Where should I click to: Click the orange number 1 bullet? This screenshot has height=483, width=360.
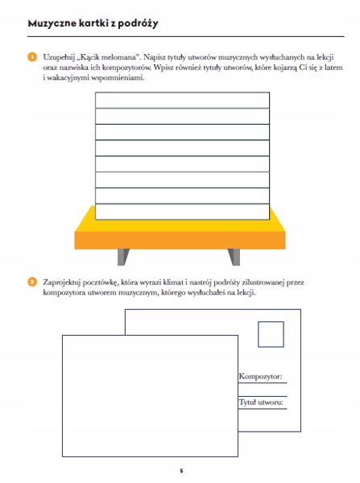32,57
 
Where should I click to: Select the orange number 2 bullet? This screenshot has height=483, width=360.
32,283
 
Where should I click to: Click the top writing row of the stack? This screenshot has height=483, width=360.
183,100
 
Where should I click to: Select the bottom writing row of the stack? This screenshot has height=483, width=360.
183,212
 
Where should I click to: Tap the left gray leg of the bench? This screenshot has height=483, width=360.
123,257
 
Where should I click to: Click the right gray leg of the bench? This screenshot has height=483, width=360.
234,257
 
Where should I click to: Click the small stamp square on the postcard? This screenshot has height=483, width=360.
271,334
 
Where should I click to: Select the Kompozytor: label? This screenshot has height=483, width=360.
260,377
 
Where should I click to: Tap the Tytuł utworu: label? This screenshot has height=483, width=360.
261,402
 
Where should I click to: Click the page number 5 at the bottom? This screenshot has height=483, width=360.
181,471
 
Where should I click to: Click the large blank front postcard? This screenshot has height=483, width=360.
150,396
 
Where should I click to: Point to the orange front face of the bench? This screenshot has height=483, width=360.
180,240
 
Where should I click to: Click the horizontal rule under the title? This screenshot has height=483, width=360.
186,37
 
